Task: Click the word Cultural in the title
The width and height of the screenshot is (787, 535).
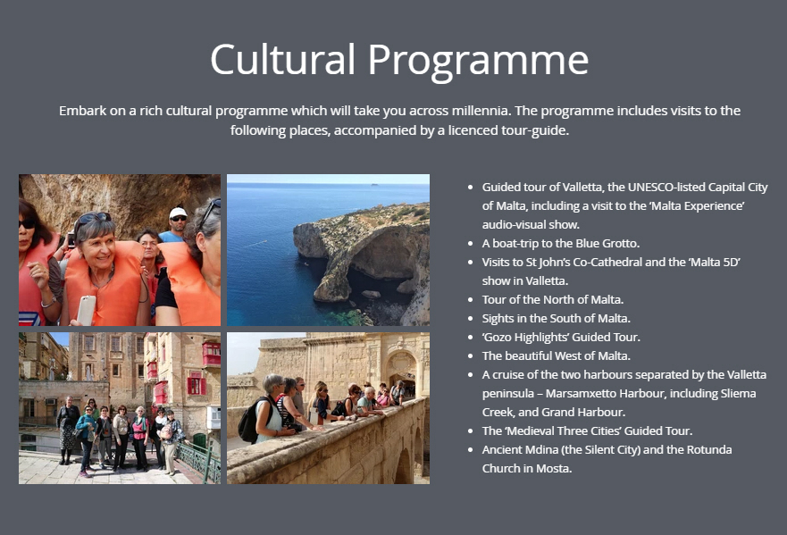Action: click(282, 59)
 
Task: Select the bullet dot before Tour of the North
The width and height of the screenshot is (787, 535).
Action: click(470, 300)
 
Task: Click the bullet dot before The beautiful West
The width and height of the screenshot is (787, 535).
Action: click(470, 356)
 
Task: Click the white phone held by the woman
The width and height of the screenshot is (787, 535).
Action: click(87, 310)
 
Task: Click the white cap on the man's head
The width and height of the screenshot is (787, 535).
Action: click(178, 213)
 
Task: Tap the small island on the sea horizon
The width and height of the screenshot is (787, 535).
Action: click(374, 184)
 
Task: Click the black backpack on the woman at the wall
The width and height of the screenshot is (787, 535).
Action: click(249, 421)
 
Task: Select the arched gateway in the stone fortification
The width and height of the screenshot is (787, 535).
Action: click(401, 372)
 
